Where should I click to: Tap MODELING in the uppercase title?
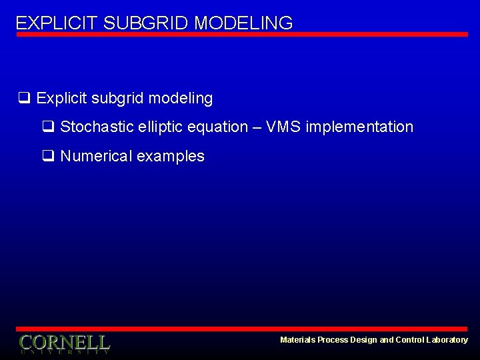[x=243, y=23]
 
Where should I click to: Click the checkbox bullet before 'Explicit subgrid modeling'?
[x=23, y=99]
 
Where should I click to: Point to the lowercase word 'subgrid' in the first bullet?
[x=118, y=99]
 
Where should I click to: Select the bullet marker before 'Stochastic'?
[x=47, y=127]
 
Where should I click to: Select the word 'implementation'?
[x=359, y=127]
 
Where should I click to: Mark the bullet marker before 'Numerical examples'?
[x=47, y=156]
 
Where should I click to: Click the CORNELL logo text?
[x=64, y=343]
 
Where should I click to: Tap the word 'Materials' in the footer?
[x=298, y=340]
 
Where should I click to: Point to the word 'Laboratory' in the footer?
[x=447, y=340]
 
